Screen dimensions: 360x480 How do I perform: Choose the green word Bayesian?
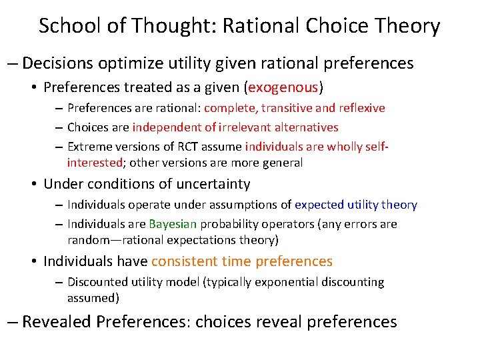(x=173, y=224)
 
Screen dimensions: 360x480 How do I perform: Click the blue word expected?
(x=319, y=205)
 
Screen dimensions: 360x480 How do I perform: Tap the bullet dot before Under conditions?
(x=34, y=184)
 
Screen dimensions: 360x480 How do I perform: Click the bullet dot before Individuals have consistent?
(x=34, y=261)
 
